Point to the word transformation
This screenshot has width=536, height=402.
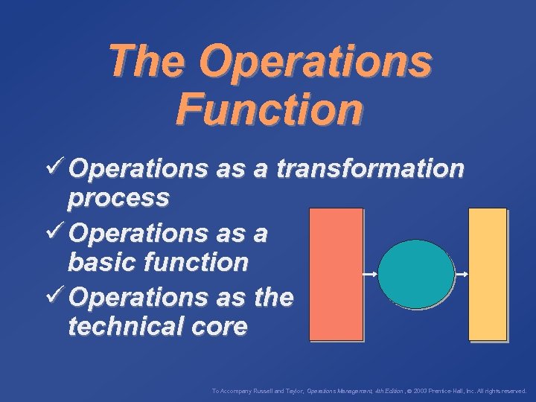(370, 170)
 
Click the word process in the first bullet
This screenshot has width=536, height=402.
(118, 199)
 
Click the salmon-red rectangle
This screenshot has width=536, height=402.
(336, 274)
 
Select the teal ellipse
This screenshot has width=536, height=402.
(416, 274)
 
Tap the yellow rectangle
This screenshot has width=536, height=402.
(488, 274)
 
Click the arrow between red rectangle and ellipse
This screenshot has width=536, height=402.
(370, 275)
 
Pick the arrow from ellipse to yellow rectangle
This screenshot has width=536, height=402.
(461, 275)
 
